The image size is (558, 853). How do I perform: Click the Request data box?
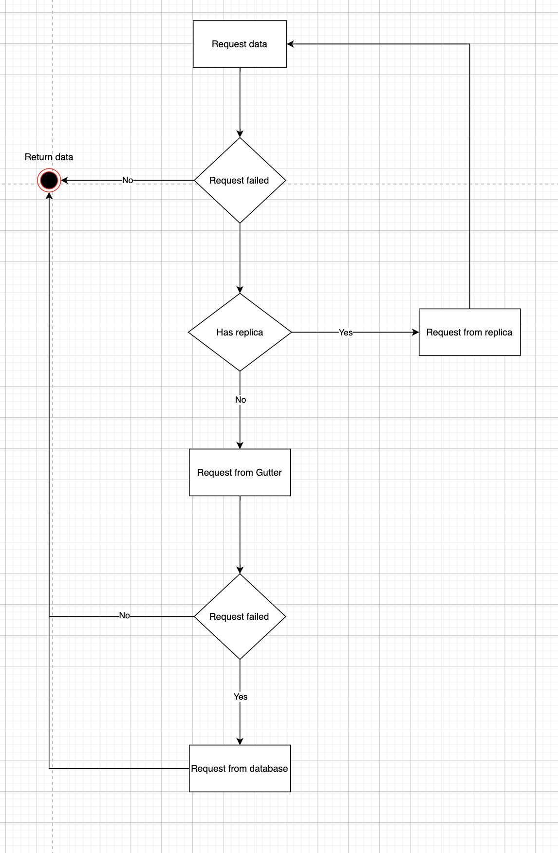pyautogui.click(x=240, y=44)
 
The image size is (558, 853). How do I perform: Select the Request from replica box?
pyautogui.click(x=469, y=332)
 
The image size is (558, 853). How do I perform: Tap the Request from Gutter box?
pyautogui.click(x=240, y=472)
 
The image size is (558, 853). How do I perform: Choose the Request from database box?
pyautogui.click(x=240, y=768)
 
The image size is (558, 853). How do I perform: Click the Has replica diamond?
pyautogui.click(x=240, y=332)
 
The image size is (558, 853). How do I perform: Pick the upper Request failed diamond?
pyautogui.click(x=240, y=180)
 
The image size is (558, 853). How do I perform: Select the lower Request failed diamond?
pyautogui.click(x=240, y=616)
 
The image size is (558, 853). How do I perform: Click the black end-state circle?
pyautogui.click(x=49, y=181)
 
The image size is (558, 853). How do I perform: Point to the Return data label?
pyautogui.click(x=49, y=157)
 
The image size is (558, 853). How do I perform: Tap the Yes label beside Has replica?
pyautogui.click(x=346, y=332)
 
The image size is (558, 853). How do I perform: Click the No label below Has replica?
pyautogui.click(x=241, y=400)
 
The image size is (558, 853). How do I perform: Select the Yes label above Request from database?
pyautogui.click(x=241, y=697)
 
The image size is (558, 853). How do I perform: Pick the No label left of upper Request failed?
pyautogui.click(x=128, y=180)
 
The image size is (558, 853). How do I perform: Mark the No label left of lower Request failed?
pyautogui.click(x=125, y=615)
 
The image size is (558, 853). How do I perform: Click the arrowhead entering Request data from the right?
pyautogui.click(x=291, y=44)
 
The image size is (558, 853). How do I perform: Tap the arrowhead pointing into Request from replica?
pyautogui.click(x=415, y=332)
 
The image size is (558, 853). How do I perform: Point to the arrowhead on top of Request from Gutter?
pyautogui.click(x=240, y=445)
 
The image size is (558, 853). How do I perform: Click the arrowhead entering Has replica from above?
pyautogui.click(x=240, y=290)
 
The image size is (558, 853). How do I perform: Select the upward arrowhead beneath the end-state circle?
pyautogui.click(x=49, y=196)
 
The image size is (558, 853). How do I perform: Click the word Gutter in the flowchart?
pyautogui.click(x=269, y=472)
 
